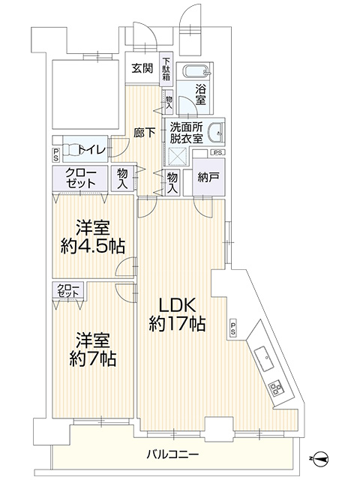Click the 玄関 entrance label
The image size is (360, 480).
[142, 68]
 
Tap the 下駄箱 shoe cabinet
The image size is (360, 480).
[166, 69]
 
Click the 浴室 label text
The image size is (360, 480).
[200, 95]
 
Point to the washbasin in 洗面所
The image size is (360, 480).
[217, 133]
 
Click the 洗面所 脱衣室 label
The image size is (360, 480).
[187, 133]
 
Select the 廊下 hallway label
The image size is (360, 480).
[144, 133]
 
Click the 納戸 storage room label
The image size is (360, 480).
[208, 177]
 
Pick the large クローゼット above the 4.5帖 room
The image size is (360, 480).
[80, 178]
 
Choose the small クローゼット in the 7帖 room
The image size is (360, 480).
[68, 290]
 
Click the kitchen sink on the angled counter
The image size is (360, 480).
[265, 358]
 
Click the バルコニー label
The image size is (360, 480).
[172, 454]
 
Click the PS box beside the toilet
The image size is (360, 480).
[56, 155]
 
